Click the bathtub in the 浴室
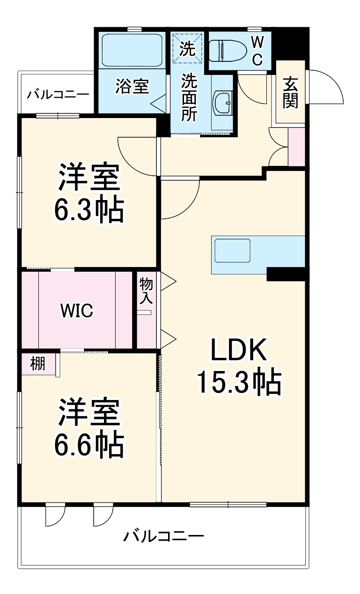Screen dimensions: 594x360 click(x=132, y=50)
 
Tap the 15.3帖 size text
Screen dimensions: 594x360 click(x=238, y=382)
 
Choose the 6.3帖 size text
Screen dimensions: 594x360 click(x=89, y=211)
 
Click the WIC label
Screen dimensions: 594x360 click(x=77, y=310)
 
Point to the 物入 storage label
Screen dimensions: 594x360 click(x=146, y=290)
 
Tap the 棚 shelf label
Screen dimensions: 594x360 click(x=38, y=364)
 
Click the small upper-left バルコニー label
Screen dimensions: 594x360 click(x=58, y=94)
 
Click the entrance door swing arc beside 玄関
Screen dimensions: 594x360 click(x=328, y=87)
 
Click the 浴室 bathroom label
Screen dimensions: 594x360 click(x=132, y=87)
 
